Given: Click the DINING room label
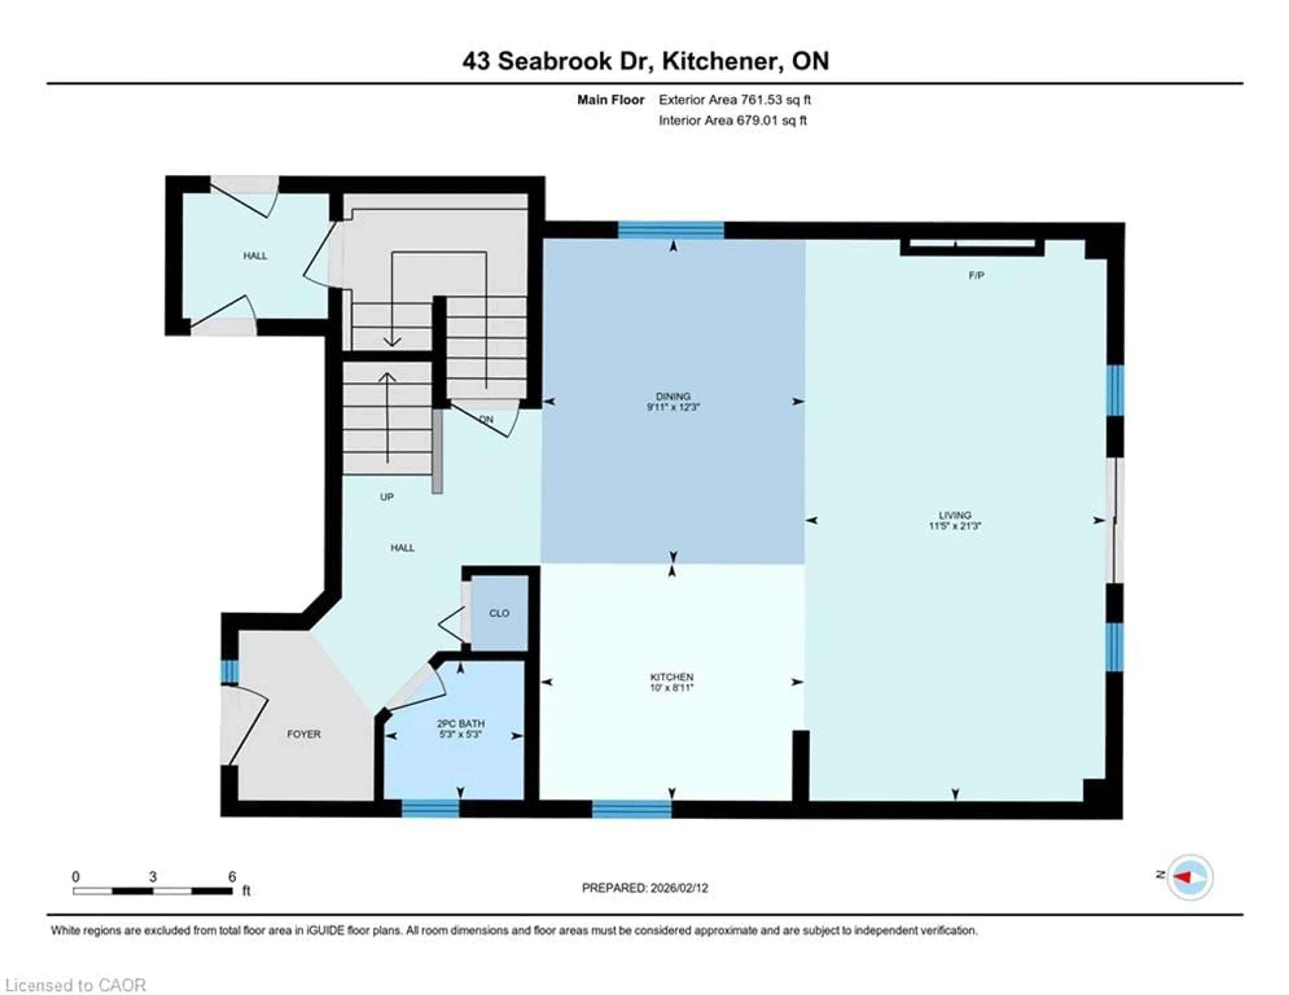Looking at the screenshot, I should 672,396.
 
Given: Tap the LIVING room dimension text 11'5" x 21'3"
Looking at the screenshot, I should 954,526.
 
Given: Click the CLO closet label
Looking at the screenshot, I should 499,613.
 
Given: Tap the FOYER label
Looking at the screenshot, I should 303,734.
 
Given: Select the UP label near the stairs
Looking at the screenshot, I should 387,497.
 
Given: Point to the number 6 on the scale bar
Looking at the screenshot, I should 232,877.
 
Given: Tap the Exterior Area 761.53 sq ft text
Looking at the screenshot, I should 734,100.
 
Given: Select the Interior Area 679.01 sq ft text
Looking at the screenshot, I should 732,121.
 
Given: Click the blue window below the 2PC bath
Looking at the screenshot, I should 430,808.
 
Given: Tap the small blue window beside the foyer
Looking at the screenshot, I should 229,672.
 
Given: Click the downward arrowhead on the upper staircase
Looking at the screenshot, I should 392,342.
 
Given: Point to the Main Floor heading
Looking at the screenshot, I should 610,100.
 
